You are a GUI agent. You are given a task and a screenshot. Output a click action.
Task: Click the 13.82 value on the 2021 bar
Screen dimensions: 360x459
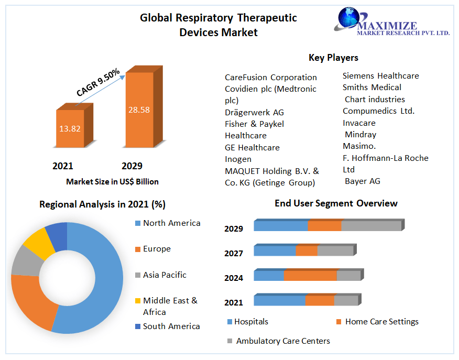click(69, 128)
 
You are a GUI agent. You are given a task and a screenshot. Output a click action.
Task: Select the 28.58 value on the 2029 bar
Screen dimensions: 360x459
click(139, 110)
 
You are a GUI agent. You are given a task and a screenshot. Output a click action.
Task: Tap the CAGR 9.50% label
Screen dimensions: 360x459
click(98, 83)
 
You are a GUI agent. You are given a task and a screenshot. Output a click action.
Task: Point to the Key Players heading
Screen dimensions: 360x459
click(333, 58)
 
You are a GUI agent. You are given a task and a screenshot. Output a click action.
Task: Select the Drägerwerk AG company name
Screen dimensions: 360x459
click(254, 112)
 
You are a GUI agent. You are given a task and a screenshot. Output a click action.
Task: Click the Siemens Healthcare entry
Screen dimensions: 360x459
click(380, 75)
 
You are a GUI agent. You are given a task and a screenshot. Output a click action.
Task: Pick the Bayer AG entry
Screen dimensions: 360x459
click(362, 181)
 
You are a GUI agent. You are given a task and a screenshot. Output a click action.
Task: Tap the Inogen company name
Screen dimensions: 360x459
click(238, 159)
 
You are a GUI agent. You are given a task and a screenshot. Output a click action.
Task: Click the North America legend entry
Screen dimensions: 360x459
click(171, 223)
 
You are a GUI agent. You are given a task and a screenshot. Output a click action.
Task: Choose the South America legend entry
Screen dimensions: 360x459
click(171, 326)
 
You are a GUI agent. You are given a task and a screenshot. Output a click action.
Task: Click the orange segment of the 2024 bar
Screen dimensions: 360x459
click(310, 276)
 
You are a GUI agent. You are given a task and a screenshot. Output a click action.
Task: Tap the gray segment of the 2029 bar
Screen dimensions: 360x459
click(371, 226)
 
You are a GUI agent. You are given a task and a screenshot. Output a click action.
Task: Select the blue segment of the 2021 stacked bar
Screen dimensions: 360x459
click(279, 300)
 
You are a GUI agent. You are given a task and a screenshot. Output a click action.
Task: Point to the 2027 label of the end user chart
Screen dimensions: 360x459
click(234, 253)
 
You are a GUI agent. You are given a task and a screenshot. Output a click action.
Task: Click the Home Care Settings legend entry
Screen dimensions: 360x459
click(381, 322)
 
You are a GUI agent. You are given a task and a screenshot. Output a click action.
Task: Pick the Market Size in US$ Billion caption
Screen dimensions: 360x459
click(112, 182)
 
